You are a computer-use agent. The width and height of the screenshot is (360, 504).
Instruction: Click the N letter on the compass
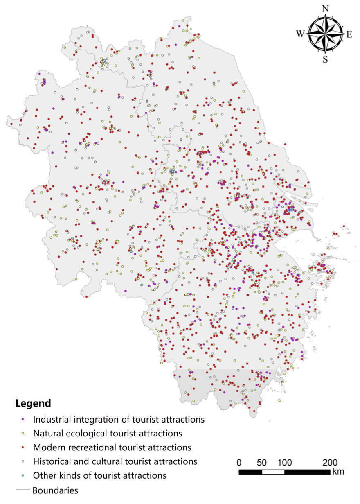pyautogui.click(x=326, y=9)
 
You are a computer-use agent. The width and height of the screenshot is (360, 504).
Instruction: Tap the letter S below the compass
pyautogui.click(x=325, y=59)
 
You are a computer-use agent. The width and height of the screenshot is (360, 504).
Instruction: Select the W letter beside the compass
pyautogui.click(x=300, y=35)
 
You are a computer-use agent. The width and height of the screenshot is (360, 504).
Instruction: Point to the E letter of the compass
pyautogui.click(x=349, y=35)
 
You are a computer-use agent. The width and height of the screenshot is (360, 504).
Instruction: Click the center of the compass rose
pyautogui.click(x=325, y=35)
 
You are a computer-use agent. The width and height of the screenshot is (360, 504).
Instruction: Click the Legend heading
pyautogui.click(x=34, y=403)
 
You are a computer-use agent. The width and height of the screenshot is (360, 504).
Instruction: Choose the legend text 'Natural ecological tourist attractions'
pyautogui.click(x=108, y=433)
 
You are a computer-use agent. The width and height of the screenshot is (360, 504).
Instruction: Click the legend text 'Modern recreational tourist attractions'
pyautogui.click(x=112, y=447)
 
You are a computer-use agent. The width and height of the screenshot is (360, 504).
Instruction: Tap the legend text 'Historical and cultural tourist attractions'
pyautogui.click(x=115, y=461)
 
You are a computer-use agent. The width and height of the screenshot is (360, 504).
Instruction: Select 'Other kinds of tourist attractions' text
pyautogui.click(x=100, y=475)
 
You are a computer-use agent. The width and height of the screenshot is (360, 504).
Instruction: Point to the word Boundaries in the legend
pyautogui.click(x=55, y=490)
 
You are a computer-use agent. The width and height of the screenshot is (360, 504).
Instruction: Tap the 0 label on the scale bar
pyautogui.click(x=240, y=463)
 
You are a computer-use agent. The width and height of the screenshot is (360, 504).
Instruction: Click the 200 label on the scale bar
pyautogui.click(x=330, y=463)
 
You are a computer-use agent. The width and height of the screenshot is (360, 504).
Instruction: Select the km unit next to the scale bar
pyautogui.click(x=338, y=472)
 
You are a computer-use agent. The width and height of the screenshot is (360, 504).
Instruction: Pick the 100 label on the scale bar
pyautogui.click(x=285, y=463)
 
